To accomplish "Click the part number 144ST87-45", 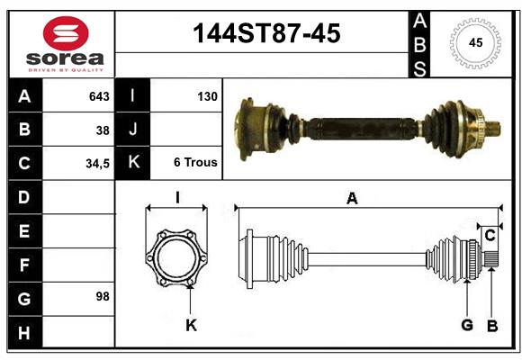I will point(267,34).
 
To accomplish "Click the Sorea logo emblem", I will point(66,34).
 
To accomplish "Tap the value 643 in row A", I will point(98,96).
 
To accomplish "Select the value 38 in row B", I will point(103,130).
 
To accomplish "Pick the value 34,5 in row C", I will point(96,163).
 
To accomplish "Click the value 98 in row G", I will point(102,295).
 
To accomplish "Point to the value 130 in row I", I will point(206,96).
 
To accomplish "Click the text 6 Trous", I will point(195,163).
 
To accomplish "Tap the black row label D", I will point(23,196).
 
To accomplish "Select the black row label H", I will point(23,332).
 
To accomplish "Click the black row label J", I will point(133,130).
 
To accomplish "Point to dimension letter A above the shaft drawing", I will point(352,200).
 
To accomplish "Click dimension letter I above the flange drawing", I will point(177,199).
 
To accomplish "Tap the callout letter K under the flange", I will point(191,326).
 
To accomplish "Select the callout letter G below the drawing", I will point(466,326).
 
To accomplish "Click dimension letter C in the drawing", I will point(490,236).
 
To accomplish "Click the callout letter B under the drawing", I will point(491,326).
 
